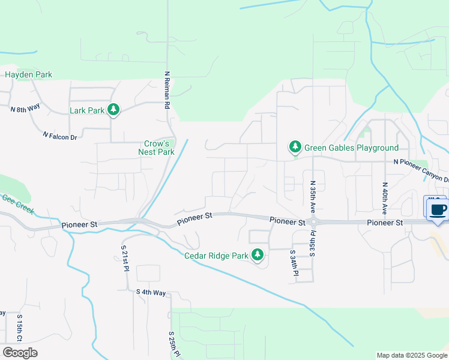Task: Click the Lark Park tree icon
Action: (113, 110)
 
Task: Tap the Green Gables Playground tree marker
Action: (295, 147)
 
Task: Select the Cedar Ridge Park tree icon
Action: (258, 255)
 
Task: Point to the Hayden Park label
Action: (28, 75)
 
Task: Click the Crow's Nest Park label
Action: (159, 148)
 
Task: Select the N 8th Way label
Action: (25, 109)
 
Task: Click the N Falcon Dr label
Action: (60, 136)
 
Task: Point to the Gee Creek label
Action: (17, 204)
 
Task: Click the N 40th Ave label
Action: (384, 198)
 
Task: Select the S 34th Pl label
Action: (295, 263)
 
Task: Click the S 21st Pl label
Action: (125, 259)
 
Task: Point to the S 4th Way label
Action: (150, 292)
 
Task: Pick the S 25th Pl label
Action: (172, 345)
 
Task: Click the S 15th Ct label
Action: (20, 327)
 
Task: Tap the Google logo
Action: (20, 353)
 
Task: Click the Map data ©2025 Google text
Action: (411, 355)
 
